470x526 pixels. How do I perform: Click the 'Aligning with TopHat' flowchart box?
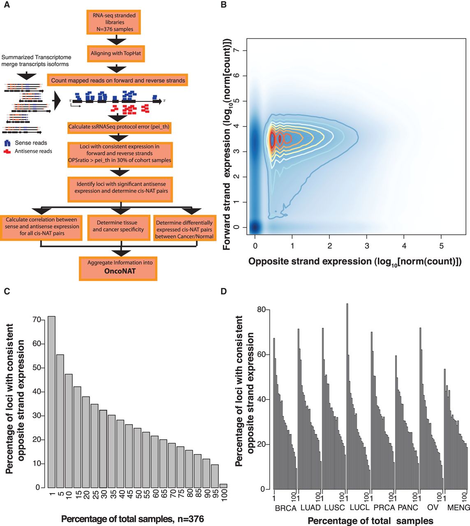click(116, 53)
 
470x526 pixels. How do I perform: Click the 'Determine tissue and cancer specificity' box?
click(118, 226)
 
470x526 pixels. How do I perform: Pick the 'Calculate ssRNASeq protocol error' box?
click(119, 127)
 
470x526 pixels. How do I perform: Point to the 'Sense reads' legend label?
click(31, 143)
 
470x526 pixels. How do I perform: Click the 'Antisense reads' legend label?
click(33, 151)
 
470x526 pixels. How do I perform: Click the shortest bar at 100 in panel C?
click(223, 485)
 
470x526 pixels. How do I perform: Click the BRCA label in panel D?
click(285, 508)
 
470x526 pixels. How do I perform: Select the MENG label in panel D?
click(458, 508)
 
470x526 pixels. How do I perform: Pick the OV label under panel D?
click(433, 508)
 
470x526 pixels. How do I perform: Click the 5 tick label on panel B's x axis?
click(441, 246)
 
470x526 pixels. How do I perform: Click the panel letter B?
click(224, 5)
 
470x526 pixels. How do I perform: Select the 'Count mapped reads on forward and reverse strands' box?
click(118, 81)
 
